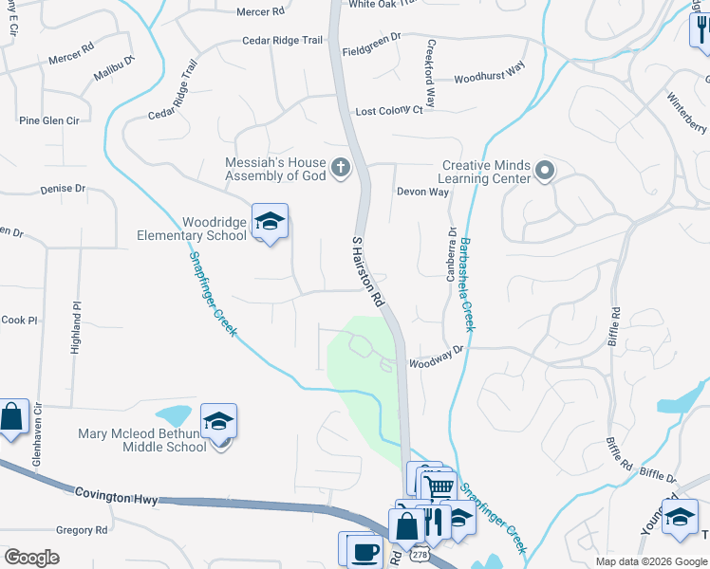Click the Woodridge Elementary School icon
click(270, 222)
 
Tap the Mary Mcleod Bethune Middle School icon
click(218, 422)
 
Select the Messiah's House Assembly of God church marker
click(342, 170)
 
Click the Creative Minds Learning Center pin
click(544, 171)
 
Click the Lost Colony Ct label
click(388, 111)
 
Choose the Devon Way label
click(422, 192)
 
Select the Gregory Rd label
click(81, 530)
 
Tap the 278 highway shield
click(419, 553)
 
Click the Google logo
click(31, 558)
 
